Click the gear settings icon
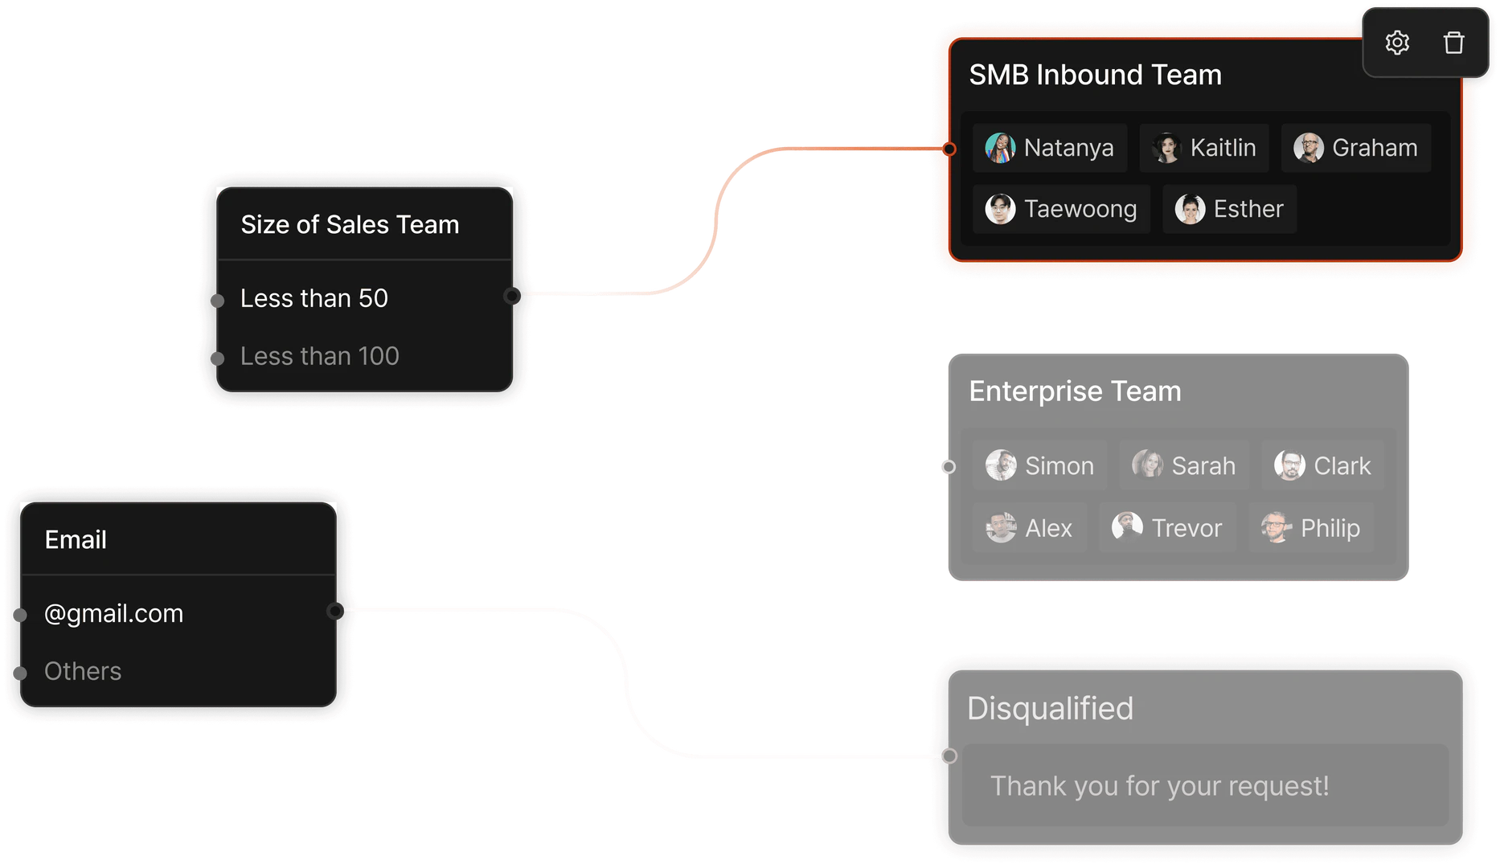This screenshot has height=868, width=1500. (1397, 43)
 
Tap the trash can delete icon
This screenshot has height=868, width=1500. (1453, 43)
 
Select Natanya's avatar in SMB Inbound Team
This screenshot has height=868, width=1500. (1000, 148)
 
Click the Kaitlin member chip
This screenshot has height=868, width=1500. (1204, 148)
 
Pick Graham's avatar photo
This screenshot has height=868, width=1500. (1308, 148)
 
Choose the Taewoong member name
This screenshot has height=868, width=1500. (1080, 209)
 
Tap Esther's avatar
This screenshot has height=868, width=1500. (1190, 209)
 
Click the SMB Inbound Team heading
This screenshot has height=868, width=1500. (1095, 75)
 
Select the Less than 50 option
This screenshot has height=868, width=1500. (314, 298)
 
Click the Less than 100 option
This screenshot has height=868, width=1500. (320, 356)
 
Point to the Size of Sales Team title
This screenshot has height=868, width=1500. (350, 225)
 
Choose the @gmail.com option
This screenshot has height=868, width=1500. (114, 614)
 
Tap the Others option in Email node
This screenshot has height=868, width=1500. (83, 671)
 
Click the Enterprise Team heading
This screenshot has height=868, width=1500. (1075, 391)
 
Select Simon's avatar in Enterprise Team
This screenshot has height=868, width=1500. (1001, 465)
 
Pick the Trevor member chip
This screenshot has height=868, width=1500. (1167, 528)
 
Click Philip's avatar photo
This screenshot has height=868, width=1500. (1276, 528)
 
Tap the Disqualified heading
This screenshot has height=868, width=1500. (1050, 708)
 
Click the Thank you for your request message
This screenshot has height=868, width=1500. (1159, 785)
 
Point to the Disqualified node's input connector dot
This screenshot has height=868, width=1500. (949, 755)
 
